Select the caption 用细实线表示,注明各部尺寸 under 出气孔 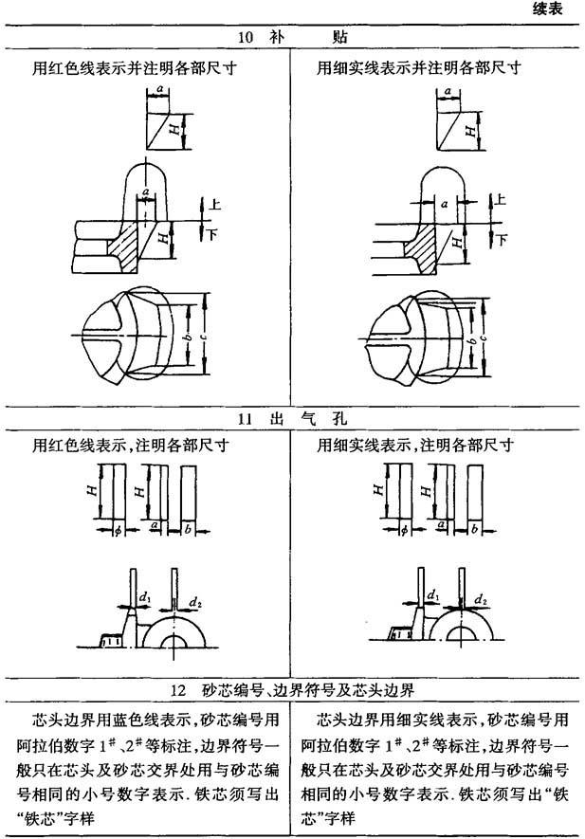pyautogui.click(x=415, y=445)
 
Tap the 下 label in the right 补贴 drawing pyautogui.click(x=502, y=235)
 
